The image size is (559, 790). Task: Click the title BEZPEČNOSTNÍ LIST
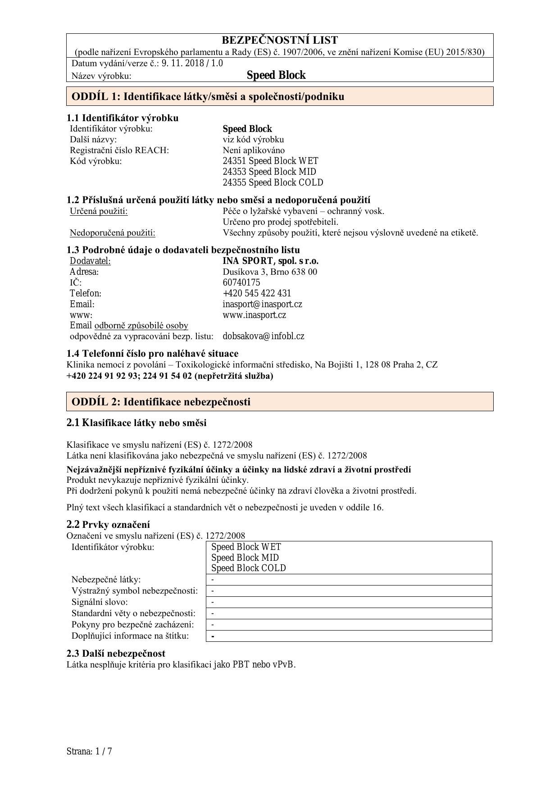(x=279, y=40)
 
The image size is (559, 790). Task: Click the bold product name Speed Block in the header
(x=276, y=75)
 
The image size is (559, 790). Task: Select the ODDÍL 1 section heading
(x=208, y=96)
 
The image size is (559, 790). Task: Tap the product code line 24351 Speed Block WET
(x=270, y=161)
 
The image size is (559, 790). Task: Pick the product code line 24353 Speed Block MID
(x=269, y=172)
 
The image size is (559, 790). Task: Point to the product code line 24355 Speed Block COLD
(x=273, y=182)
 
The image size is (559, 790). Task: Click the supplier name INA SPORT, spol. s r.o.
(x=270, y=261)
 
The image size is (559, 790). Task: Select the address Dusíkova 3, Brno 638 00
(x=269, y=272)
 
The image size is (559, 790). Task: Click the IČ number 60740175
(x=241, y=282)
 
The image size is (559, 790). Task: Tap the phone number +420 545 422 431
(x=257, y=293)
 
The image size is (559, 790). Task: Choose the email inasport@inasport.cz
(x=262, y=304)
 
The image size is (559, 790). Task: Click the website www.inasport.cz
(x=254, y=315)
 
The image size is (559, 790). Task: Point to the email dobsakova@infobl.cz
(x=263, y=336)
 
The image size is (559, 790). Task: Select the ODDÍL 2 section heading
(x=161, y=402)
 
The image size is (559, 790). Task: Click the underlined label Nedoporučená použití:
(x=112, y=233)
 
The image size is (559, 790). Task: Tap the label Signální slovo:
(x=100, y=602)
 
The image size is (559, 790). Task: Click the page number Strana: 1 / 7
(x=89, y=751)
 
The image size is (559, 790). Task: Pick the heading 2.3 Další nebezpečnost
(x=116, y=653)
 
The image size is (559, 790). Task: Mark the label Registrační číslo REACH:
(x=119, y=150)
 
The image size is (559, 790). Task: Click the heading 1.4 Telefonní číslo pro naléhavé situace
(x=152, y=353)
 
